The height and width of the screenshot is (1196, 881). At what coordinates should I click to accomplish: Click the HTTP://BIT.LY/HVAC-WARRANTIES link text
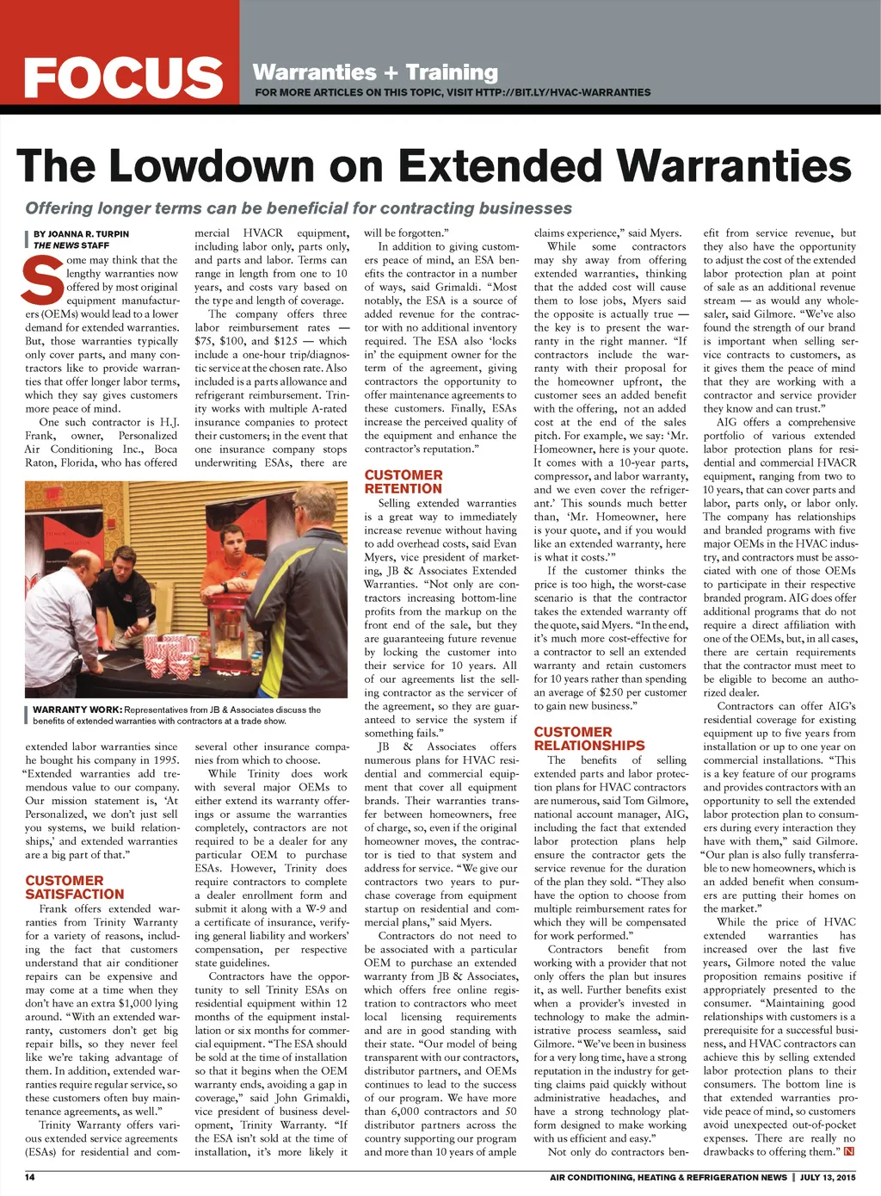click(563, 92)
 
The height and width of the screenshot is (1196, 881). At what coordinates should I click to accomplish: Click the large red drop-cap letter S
click(44, 280)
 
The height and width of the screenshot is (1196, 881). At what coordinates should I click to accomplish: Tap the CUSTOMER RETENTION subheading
click(404, 481)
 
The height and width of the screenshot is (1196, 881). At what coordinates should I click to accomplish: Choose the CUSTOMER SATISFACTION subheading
click(75, 887)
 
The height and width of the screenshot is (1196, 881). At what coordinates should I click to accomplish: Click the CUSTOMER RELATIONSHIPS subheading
click(588, 739)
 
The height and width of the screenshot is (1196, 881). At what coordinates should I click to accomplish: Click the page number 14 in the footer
click(29, 1177)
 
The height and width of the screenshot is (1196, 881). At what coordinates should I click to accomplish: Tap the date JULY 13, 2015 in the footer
click(828, 1177)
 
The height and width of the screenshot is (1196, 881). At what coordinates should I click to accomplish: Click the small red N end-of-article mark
click(849, 1151)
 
